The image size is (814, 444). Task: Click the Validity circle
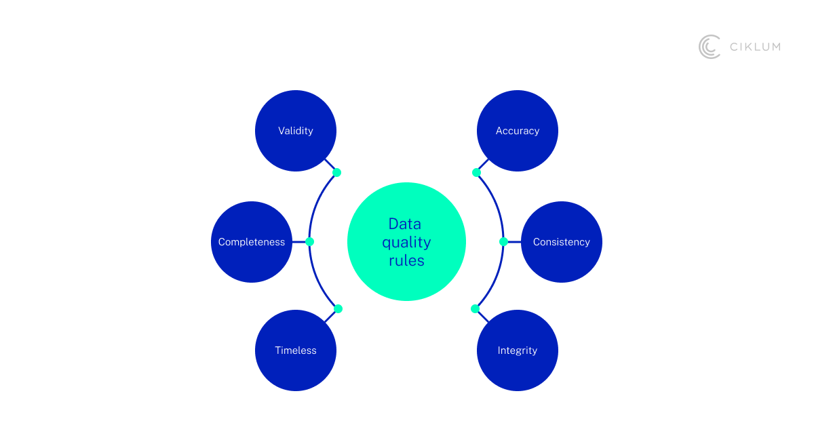296,131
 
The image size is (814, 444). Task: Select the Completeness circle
252,242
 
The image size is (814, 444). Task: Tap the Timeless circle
296,350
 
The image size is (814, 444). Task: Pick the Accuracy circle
518,131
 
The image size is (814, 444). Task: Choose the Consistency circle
562,242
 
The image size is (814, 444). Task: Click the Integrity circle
518,350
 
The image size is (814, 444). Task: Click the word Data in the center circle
405,224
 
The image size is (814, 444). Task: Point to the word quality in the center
406,242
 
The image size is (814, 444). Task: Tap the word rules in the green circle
406,260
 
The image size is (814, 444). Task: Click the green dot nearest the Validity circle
337,172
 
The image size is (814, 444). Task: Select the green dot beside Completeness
309,241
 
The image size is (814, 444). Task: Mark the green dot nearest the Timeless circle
338,308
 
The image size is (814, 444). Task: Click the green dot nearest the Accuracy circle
476,172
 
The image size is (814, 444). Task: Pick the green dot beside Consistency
503,241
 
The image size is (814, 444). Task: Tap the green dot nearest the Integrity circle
475,308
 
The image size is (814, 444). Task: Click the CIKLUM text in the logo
755,47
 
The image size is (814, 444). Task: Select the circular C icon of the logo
710,47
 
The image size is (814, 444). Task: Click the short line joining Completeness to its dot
299,241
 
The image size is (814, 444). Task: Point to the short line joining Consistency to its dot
513,241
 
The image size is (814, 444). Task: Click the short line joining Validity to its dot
330,165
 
